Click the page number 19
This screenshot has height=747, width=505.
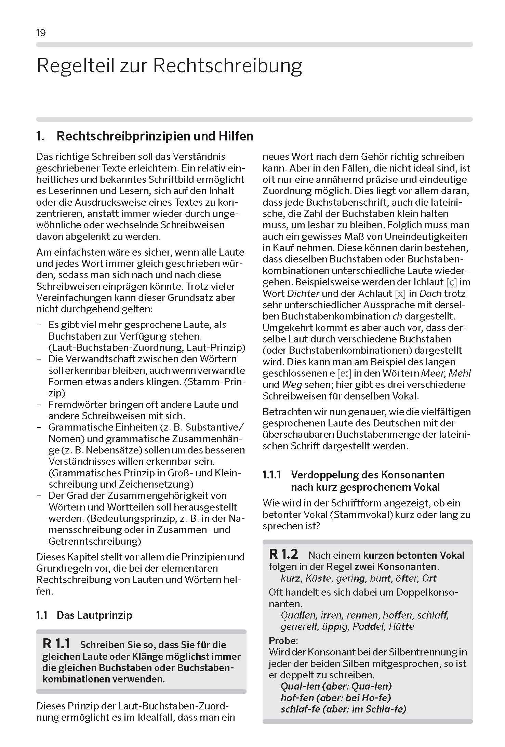tap(41, 33)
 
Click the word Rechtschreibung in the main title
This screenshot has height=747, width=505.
tap(227, 66)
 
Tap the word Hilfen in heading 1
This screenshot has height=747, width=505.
tap(236, 136)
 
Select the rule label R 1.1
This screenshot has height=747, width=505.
tap(56, 644)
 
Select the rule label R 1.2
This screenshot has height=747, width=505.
tap(283, 554)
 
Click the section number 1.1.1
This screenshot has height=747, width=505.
tap(272, 475)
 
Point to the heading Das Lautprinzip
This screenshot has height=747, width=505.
tap(94, 615)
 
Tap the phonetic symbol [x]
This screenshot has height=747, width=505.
tap(400, 294)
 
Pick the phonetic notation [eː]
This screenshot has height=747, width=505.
tap(344, 373)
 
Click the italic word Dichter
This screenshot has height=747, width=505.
tap(303, 294)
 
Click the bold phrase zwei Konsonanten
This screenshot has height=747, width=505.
tap(396, 567)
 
